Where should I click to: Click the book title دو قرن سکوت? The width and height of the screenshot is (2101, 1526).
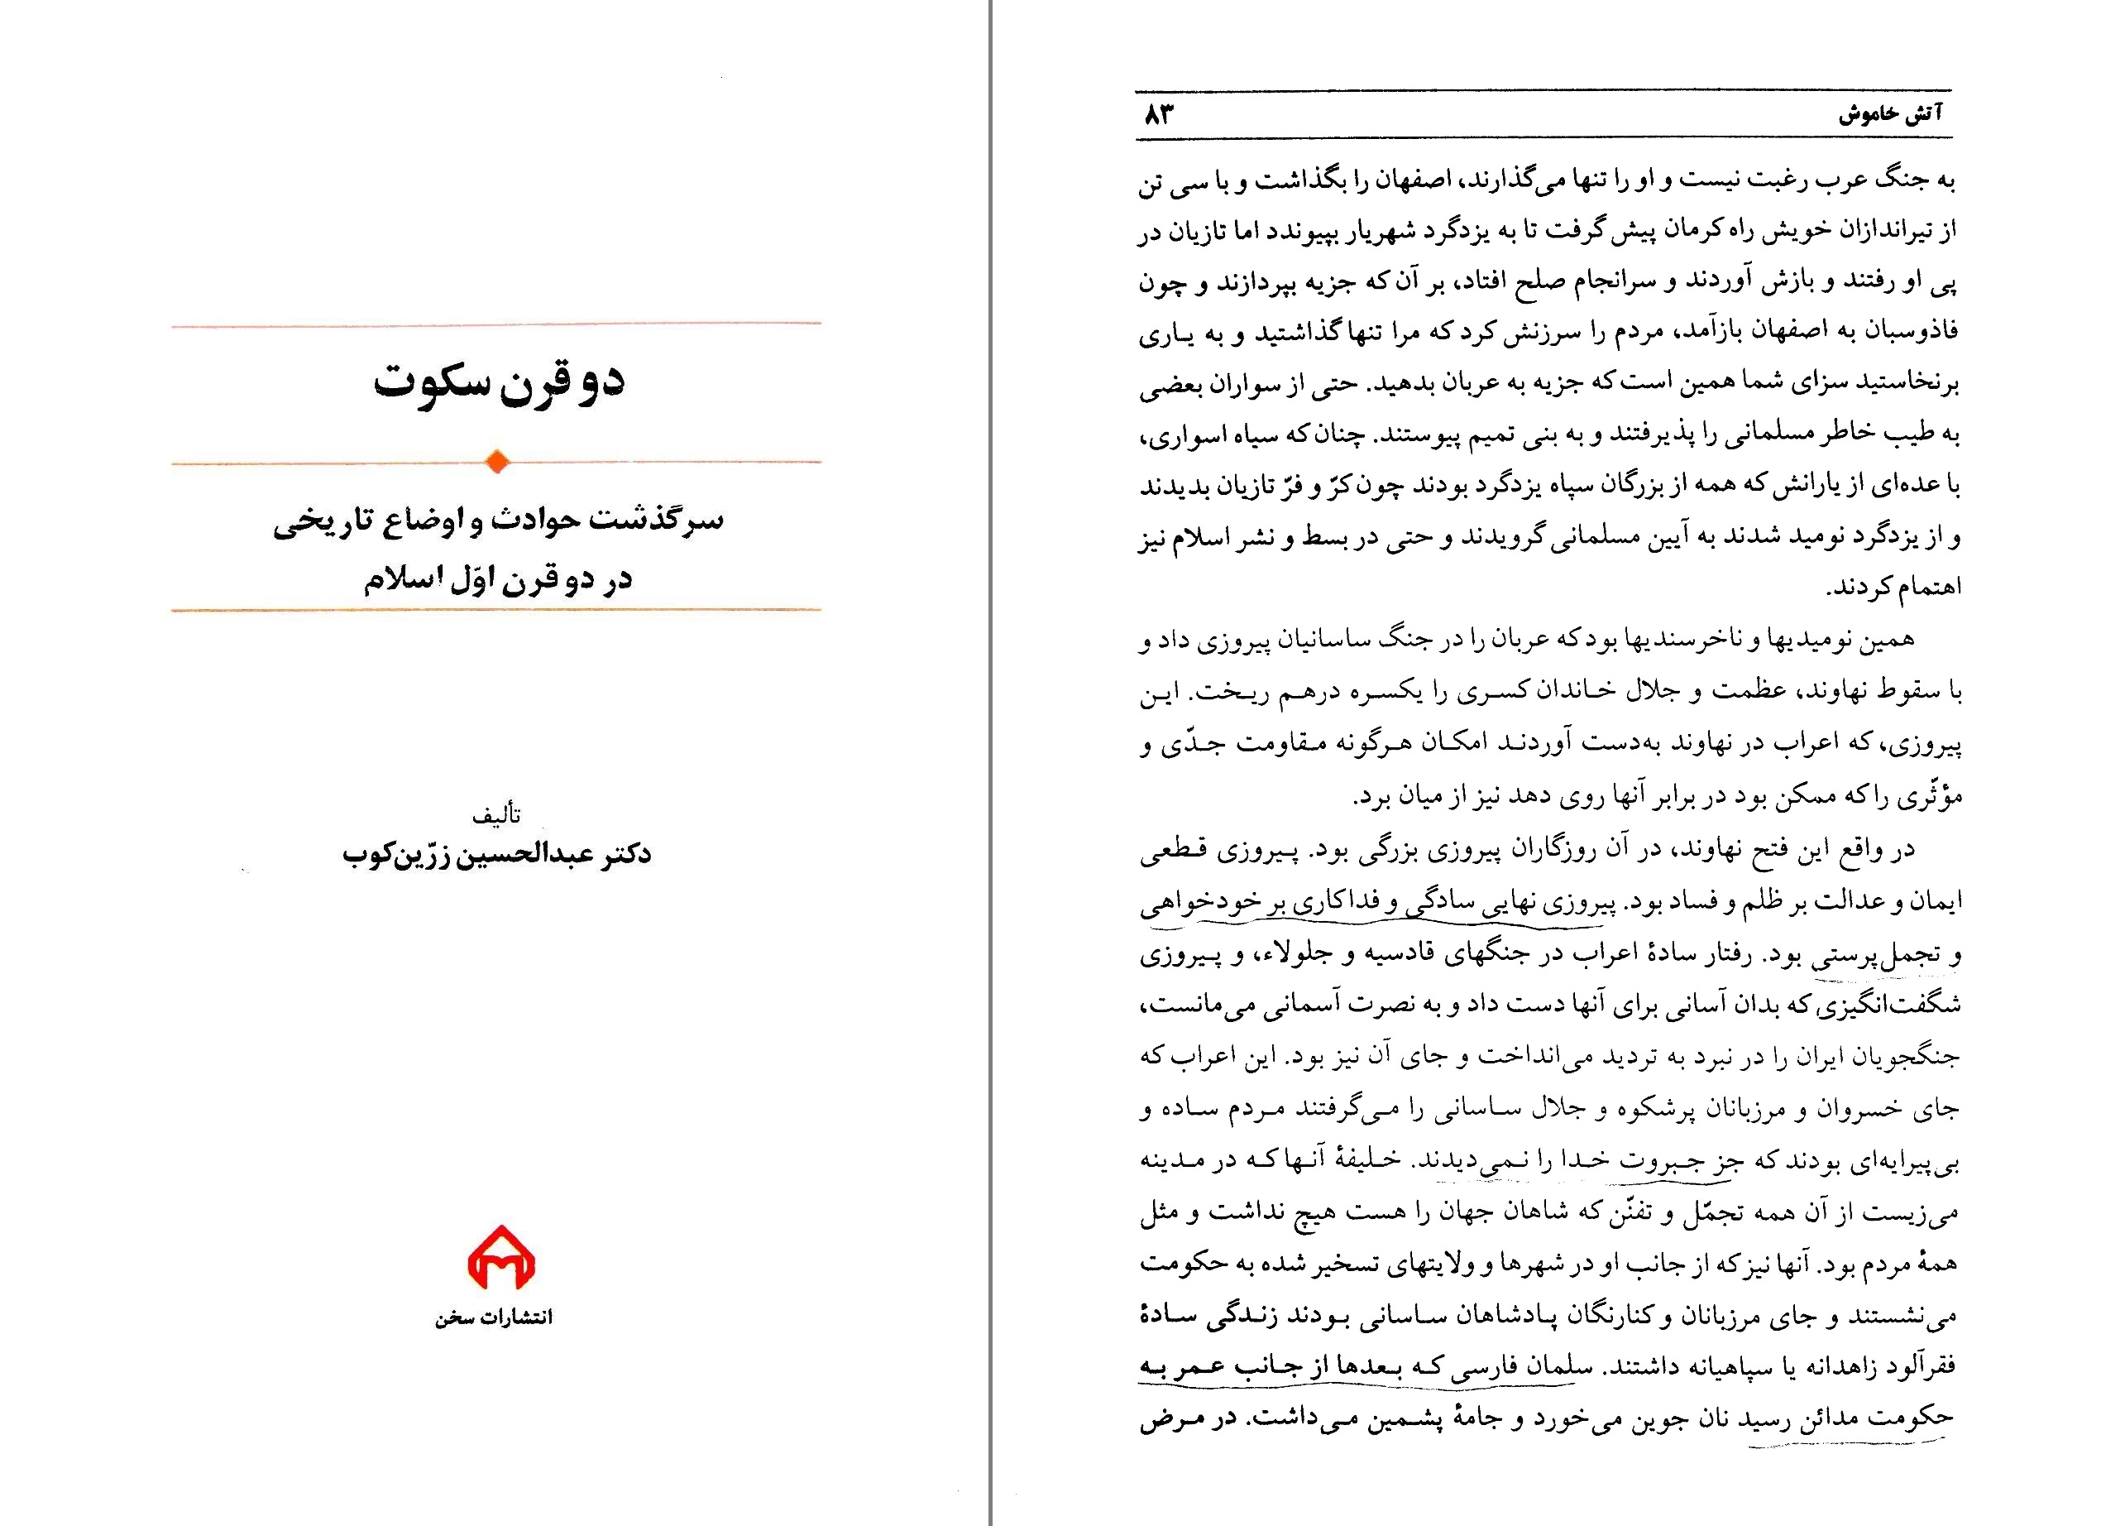pos(499,381)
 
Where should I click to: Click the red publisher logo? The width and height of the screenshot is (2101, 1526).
pos(500,1257)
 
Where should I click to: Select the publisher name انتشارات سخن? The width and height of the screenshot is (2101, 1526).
pos(494,1317)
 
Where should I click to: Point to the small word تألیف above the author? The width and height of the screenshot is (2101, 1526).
pos(496,815)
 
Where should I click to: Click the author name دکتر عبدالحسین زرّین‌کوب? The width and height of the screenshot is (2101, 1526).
pos(496,853)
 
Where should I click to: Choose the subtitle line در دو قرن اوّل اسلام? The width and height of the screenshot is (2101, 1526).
pos(497,579)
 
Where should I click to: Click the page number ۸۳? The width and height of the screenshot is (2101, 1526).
pos(1159,115)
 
